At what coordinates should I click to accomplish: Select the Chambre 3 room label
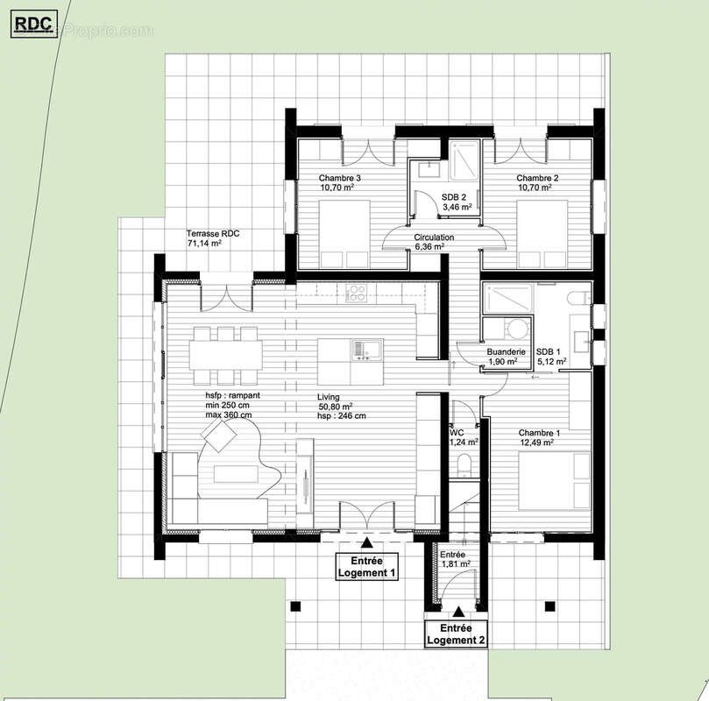tap(340, 182)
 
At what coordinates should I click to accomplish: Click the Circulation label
tap(434, 242)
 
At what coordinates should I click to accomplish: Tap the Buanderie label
tap(506, 357)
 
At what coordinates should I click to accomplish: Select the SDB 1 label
tap(551, 357)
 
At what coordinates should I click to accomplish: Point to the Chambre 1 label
tap(539, 438)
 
